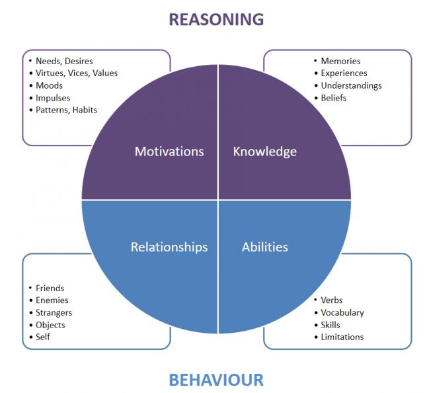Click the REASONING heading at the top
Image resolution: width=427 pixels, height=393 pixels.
tap(215, 19)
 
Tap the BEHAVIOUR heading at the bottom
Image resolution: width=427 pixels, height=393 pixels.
tap(215, 380)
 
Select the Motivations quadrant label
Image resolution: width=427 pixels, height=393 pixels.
tap(169, 152)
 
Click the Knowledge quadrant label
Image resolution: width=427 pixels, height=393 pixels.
tap(265, 152)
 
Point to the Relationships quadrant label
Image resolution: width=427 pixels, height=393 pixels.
tap(169, 247)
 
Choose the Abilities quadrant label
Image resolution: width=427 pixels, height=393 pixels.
tap(265, 247)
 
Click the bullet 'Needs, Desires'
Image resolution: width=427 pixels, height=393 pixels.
tap(64, 62)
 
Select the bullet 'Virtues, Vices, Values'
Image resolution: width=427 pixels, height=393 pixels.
tap(76, 73)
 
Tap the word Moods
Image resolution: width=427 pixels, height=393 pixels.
tap(50, 86)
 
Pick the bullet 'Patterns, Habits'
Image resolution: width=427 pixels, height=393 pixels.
tap(66, 110)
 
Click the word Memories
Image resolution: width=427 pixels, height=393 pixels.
tap(340, 62)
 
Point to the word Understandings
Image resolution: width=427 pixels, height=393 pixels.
tap(351, 85)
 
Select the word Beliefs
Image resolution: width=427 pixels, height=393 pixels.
tap(334, 98)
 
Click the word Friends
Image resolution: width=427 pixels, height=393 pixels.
tap(50, 288)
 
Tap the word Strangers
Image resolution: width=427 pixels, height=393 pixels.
tap(54, 312)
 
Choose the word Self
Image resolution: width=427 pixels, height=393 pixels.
tap(43, 337)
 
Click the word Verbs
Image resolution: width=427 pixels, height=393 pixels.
tap(332, 300)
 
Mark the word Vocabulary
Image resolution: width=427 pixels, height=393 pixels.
tap(342, 312)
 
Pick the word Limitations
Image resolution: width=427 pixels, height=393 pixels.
tap(342, 337)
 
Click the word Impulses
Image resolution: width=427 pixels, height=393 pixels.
tap(53, 98)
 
